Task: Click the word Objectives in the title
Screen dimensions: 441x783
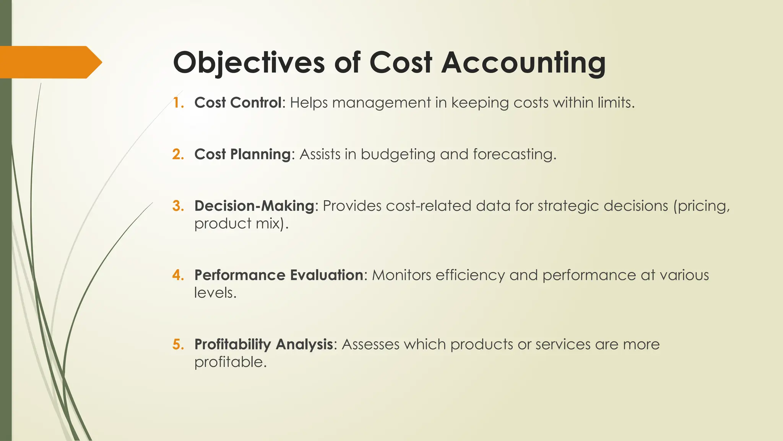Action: pos(249,62)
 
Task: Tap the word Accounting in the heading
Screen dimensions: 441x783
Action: pos(523,62)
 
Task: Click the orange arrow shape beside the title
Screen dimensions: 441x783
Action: pos(50,62)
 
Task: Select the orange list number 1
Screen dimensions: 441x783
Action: pos(178,103)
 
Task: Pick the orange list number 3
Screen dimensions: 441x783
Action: pos(178,206)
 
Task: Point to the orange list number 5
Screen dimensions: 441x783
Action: pos(178,344)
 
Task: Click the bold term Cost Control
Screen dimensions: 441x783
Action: pos(238,103)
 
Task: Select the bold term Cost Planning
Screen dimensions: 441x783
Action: pos(242,154)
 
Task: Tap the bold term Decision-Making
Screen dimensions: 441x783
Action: pos(254,206)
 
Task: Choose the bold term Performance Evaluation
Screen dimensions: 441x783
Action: pos(279,275)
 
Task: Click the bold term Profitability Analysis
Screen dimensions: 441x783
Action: pos(264,344)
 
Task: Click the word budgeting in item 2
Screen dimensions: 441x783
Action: pos(398,155)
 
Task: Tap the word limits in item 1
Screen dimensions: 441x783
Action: pos(616,103)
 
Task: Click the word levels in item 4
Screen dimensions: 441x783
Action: pos(215,293)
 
